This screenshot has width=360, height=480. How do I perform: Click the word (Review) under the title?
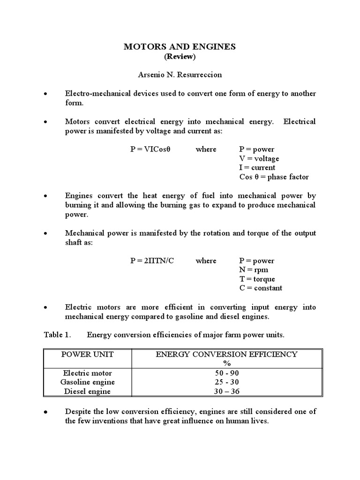(180, 57)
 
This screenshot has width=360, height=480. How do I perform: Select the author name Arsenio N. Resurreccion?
(180, 75)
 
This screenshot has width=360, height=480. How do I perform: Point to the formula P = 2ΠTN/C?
(152, 261)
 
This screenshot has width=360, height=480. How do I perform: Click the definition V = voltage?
(259, 158)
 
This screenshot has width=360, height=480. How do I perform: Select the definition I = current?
(257, 167)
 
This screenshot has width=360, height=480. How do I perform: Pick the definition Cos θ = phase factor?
(274, 177)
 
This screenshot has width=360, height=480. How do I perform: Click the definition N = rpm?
(254, 270)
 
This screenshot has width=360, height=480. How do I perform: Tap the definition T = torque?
(257, 279)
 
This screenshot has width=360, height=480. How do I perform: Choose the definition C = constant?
(261, 288)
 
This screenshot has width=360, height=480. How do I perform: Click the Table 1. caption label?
(57, 335)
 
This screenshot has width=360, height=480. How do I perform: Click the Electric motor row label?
(88, 373)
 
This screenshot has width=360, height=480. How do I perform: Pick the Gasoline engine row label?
(88, 382)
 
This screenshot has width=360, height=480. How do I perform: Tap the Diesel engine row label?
(88, 391)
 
